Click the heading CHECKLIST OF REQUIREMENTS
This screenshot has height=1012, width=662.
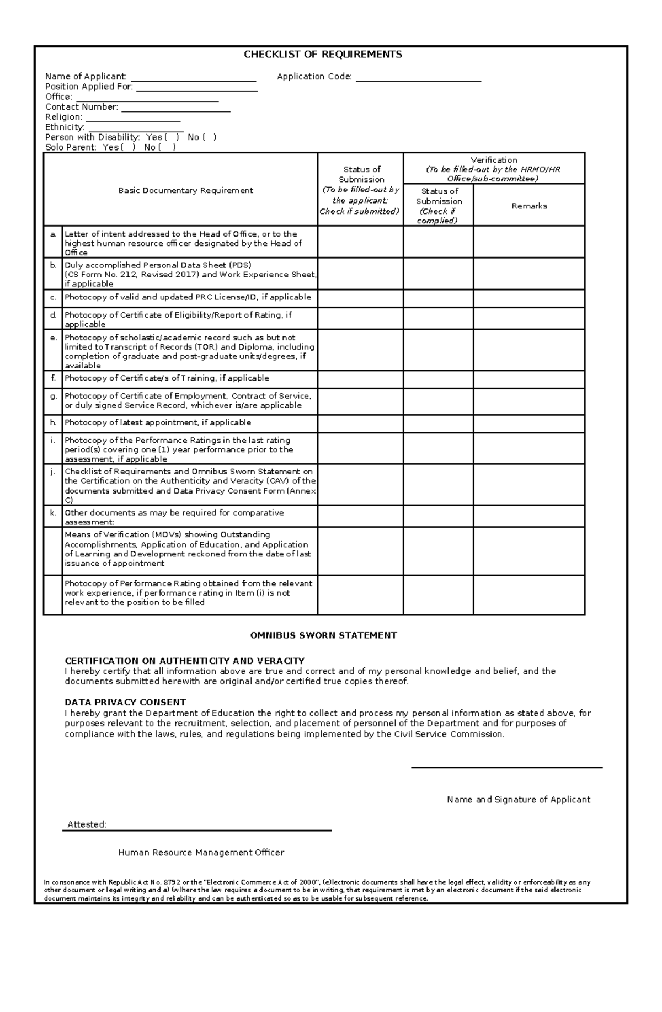tap(323, 55)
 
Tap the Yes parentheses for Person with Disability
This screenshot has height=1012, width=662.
tap(171, 137)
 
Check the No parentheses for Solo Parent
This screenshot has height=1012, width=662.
tap(168, 148)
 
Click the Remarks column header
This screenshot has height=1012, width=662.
tap(528, 206)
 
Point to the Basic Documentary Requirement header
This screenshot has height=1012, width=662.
tap(185, 191)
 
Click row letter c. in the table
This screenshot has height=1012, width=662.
tap(53, 297)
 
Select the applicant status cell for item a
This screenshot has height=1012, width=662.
tap(360, 242)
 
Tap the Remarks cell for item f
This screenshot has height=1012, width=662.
tap(528, 379)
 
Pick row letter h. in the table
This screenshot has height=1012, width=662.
tap(53, 422)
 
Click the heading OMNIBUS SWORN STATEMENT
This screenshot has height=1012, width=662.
tap(323, 635)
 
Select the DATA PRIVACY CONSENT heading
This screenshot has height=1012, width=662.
tap(125, 703)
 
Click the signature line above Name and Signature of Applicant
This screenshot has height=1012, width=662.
tap(506, 767)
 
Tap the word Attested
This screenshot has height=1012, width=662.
tap(87, 824)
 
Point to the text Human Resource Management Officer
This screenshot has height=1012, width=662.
tap(201, 853)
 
